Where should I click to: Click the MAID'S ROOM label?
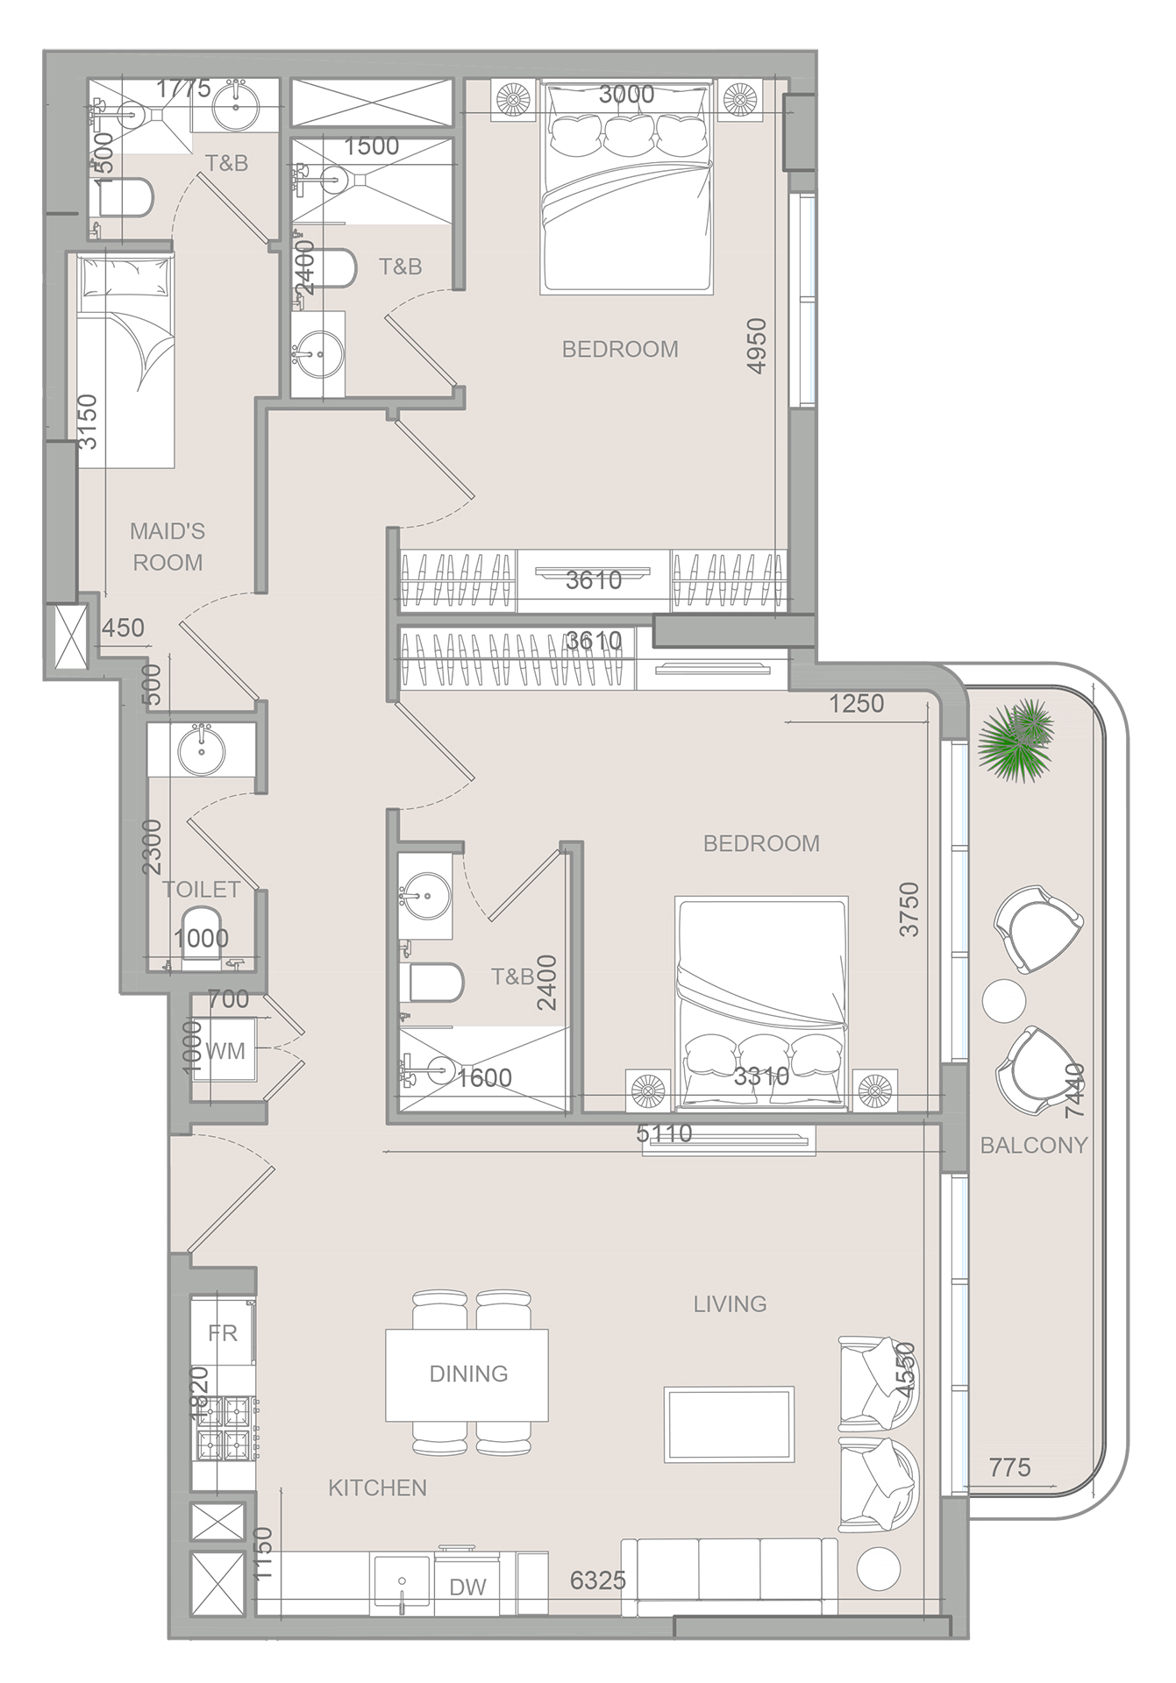[167, 546]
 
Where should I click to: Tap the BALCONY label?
[1033, 1145]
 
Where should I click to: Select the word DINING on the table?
[468, 1374]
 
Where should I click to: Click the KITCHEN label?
[377, 1488]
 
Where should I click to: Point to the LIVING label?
[730, 1303]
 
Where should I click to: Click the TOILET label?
[201, 889]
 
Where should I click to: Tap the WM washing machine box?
[225, 1050]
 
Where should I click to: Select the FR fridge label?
[223, 1333]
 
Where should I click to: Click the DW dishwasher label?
[467, 1587]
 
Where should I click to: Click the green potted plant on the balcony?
[1017, 736]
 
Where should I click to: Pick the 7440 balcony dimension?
[1073, 1090]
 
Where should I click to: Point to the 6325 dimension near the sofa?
[597, 1580]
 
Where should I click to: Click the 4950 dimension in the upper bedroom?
[756, 346]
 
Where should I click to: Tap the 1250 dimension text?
[856, 704]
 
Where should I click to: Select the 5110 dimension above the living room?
[664, 1133]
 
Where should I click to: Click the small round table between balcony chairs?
[1004, 1000]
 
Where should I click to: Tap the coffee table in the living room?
[729, 1424]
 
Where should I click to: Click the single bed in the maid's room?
[125, 359]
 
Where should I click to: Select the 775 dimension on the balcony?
[1009, 1467]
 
